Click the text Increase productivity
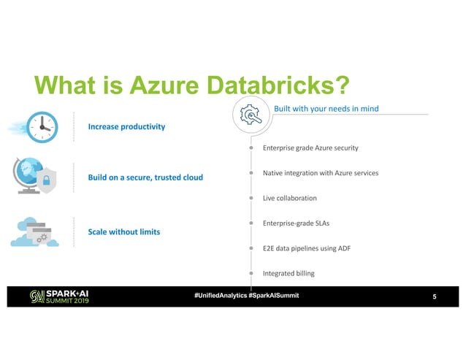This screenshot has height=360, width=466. click(126, 126)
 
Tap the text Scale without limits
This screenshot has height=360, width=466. click(124, 231)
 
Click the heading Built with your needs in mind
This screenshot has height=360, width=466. click(325, 110)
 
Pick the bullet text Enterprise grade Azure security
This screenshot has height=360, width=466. click(310, 148)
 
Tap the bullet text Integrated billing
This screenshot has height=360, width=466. click(294, 273)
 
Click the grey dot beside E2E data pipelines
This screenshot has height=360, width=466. click(251, 248)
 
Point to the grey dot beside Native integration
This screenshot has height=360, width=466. click(251, 173)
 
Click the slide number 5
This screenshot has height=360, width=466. click(435, 296)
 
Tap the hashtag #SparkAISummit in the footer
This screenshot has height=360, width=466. click(272, 295)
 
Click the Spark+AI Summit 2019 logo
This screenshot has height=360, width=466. click(59, 296)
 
